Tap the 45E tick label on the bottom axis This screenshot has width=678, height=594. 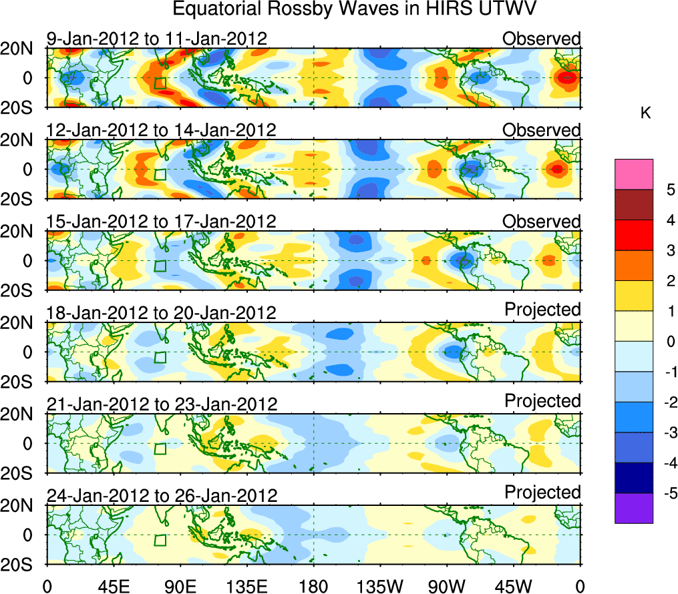point(113,586)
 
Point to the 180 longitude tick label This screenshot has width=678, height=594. point(313,586)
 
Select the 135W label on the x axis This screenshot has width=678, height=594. point(380,586)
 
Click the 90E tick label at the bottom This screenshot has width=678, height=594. point(180,586)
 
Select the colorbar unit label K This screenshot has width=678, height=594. point(645,114)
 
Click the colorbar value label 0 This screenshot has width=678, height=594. point(668,342)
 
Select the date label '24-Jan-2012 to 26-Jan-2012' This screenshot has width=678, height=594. point(162,496)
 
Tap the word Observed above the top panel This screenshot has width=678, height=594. point(542,39)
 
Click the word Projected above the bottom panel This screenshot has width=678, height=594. point(542,493)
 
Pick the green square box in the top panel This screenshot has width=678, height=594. point(159,83)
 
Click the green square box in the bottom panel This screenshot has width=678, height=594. point(159,540)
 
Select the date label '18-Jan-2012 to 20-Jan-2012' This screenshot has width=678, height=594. point(162,313)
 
